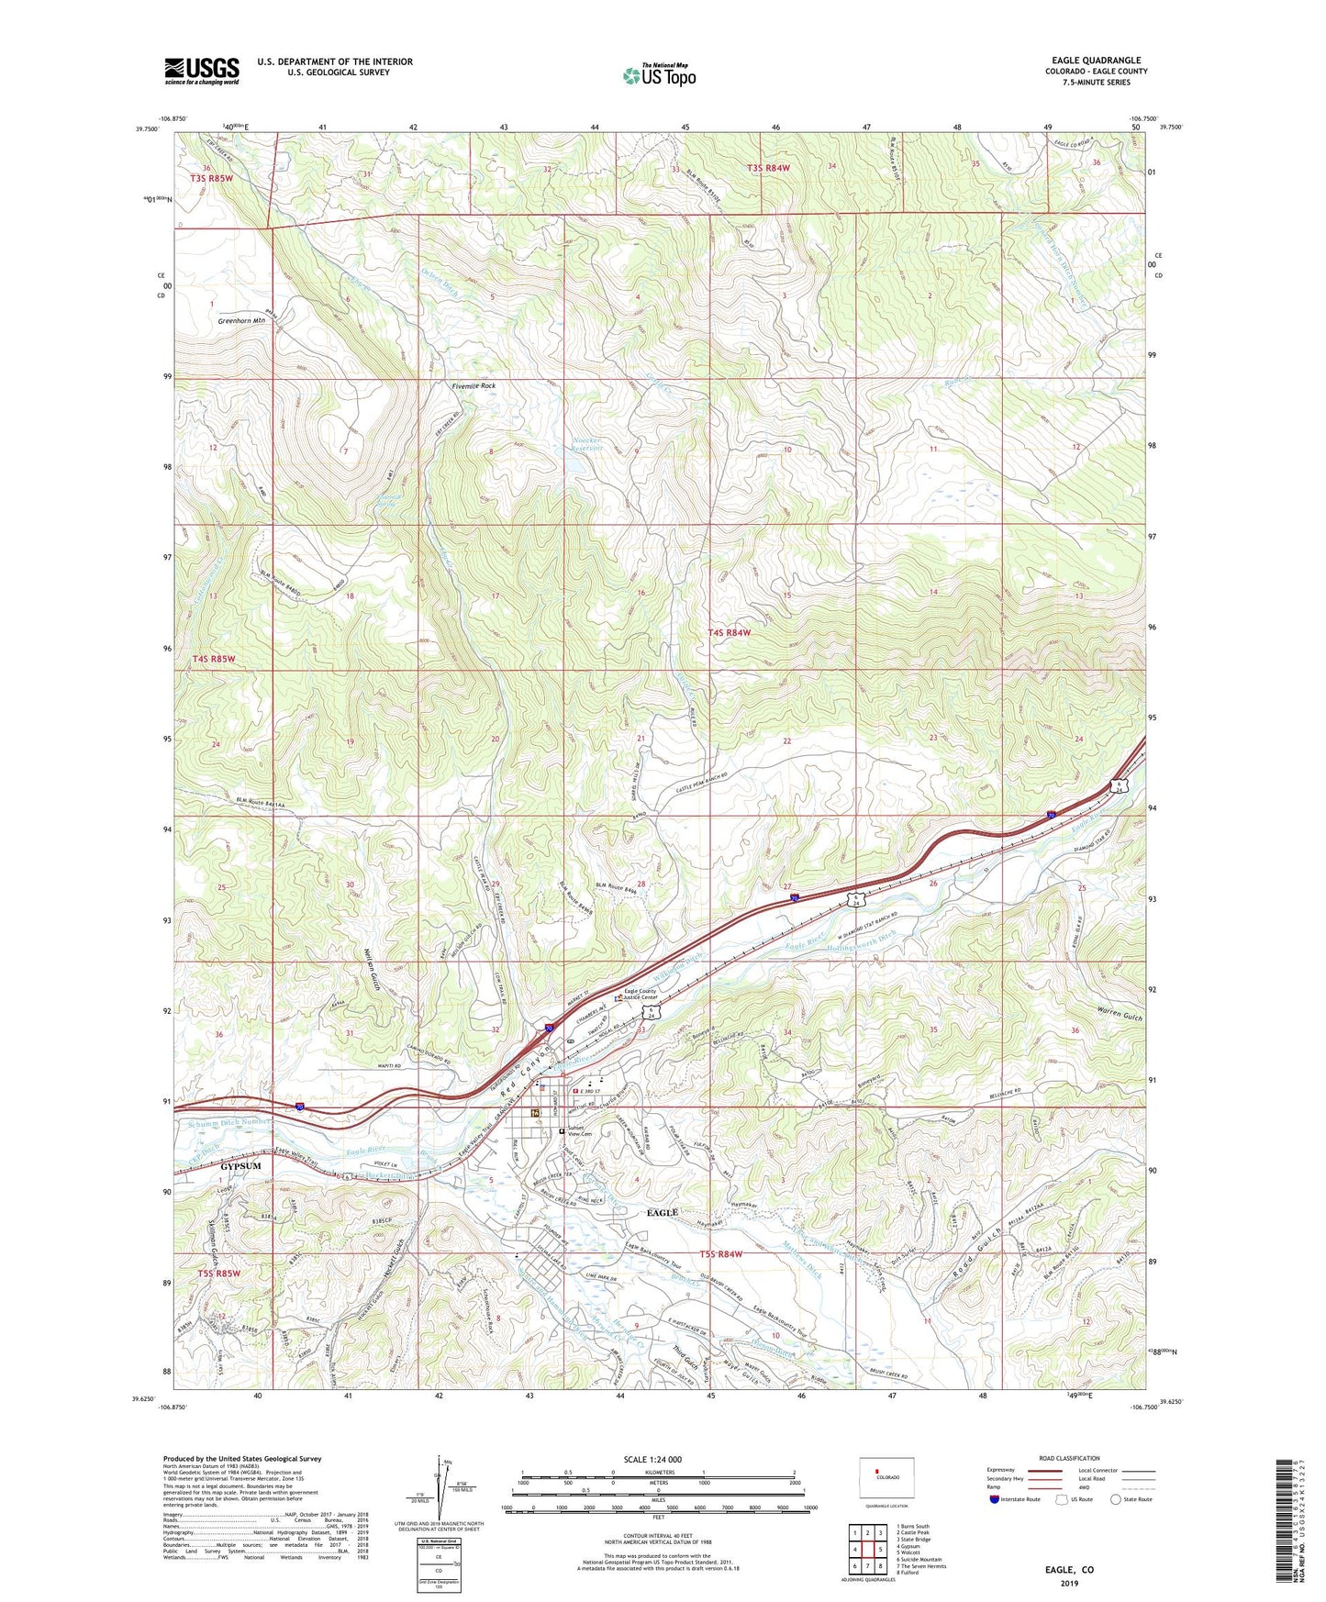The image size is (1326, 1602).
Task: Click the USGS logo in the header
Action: click(202, 71)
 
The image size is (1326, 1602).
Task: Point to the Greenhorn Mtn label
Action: click(241, 321)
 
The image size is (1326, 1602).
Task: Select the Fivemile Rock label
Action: click(474, 386)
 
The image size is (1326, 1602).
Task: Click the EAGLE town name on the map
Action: click(662, 1212)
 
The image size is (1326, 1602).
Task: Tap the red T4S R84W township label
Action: click(730, 632)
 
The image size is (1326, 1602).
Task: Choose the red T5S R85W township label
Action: click(218, 1274)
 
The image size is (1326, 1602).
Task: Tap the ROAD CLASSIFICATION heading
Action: click(1069, 1458)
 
